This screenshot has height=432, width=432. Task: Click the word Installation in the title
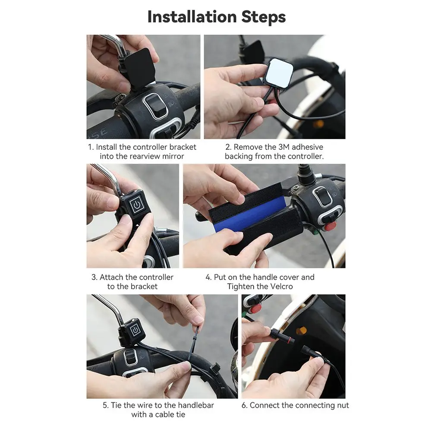[x=192, y=17]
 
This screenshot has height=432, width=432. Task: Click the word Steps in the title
[x=264, y=17]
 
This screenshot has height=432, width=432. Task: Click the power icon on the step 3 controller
[x=137, y=205]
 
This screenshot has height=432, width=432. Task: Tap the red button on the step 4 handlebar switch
[x=330, y=226]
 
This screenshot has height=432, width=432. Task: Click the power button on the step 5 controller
[x=135, y=330]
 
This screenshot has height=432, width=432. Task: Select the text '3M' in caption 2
[x=284, y=147]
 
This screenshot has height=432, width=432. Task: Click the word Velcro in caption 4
[x=281, y=287]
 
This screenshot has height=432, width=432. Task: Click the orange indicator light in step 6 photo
[x=301, y=330]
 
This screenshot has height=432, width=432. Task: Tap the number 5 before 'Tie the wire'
[x=105, y=405]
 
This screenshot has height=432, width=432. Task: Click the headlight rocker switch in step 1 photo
[x=155, y=105]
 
